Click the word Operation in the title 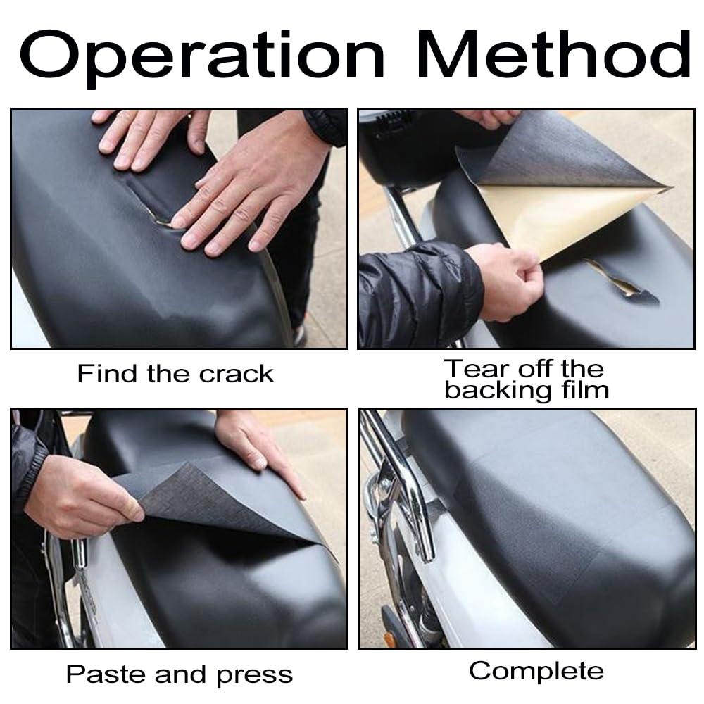pyautogui.click(x=202, y=58)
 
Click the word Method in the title pyautogui.click(x=554, y=54)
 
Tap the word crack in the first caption pyautogui.click(x=236, y=374)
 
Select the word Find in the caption pyautogui.click(x=107, y=374)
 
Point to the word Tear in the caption pyautogui.click(x=479, y=369)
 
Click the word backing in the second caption pyautogui.click(x=498, y=390)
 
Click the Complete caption pyautogui.click(x=536, y=672)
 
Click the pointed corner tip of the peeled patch pyautogui.click(x=670, y=187)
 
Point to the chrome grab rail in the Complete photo pyautogui.click(x=404, y=485)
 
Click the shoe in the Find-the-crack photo pyautogui.click(x=298, y=334)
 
